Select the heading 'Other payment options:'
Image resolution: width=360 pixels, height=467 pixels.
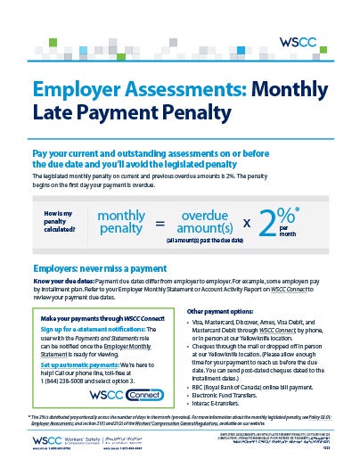(227, 311)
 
